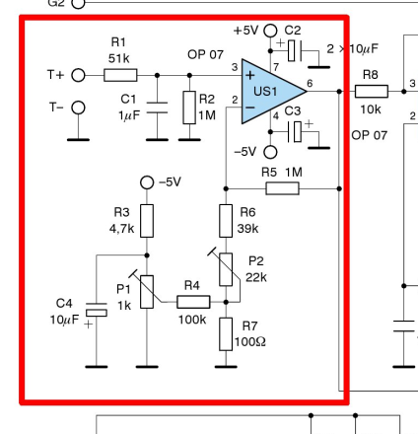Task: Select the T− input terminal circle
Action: click(78, 108)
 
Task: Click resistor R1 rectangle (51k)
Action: click(120, 75)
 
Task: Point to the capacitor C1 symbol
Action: click(157, 108)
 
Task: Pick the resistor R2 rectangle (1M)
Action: click(189, 108)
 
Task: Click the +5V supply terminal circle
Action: click(270, 31)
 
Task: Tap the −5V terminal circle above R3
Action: click(147, 182)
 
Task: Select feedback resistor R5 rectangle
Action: click(283, 188)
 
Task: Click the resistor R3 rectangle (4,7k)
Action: click(147, 221)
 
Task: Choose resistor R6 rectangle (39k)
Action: click(226, 221)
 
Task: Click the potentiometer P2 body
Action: click(226, 269)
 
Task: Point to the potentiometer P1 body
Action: click(147, 292)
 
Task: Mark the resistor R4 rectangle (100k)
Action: click(193, 302)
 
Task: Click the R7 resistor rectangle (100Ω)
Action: click(226, 334)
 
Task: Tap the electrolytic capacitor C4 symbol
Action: click(97, 310)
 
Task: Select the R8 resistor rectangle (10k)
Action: click(372, 92)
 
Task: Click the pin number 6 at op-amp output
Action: click(310, 83)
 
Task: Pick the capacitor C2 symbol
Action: click(295, 50)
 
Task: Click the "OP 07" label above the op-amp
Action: click(205, 54)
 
